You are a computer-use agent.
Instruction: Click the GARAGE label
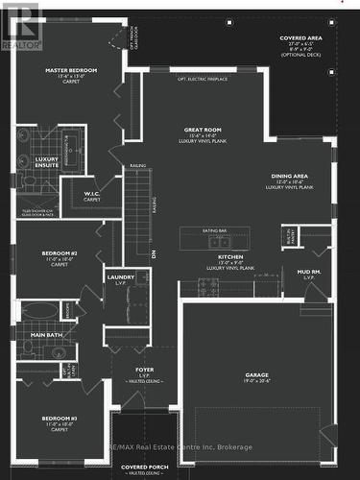(256, 374)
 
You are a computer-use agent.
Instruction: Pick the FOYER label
(144, 370)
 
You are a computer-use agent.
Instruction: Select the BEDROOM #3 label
(59, 420)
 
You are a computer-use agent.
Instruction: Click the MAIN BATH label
(47, 333)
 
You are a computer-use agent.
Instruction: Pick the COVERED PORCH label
(141, 467)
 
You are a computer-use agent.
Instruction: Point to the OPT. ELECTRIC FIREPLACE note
(203, 80)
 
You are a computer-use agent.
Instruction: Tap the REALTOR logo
(21, 26)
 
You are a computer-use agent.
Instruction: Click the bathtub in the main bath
(39, 310)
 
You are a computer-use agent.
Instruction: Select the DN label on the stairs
(154, 252)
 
